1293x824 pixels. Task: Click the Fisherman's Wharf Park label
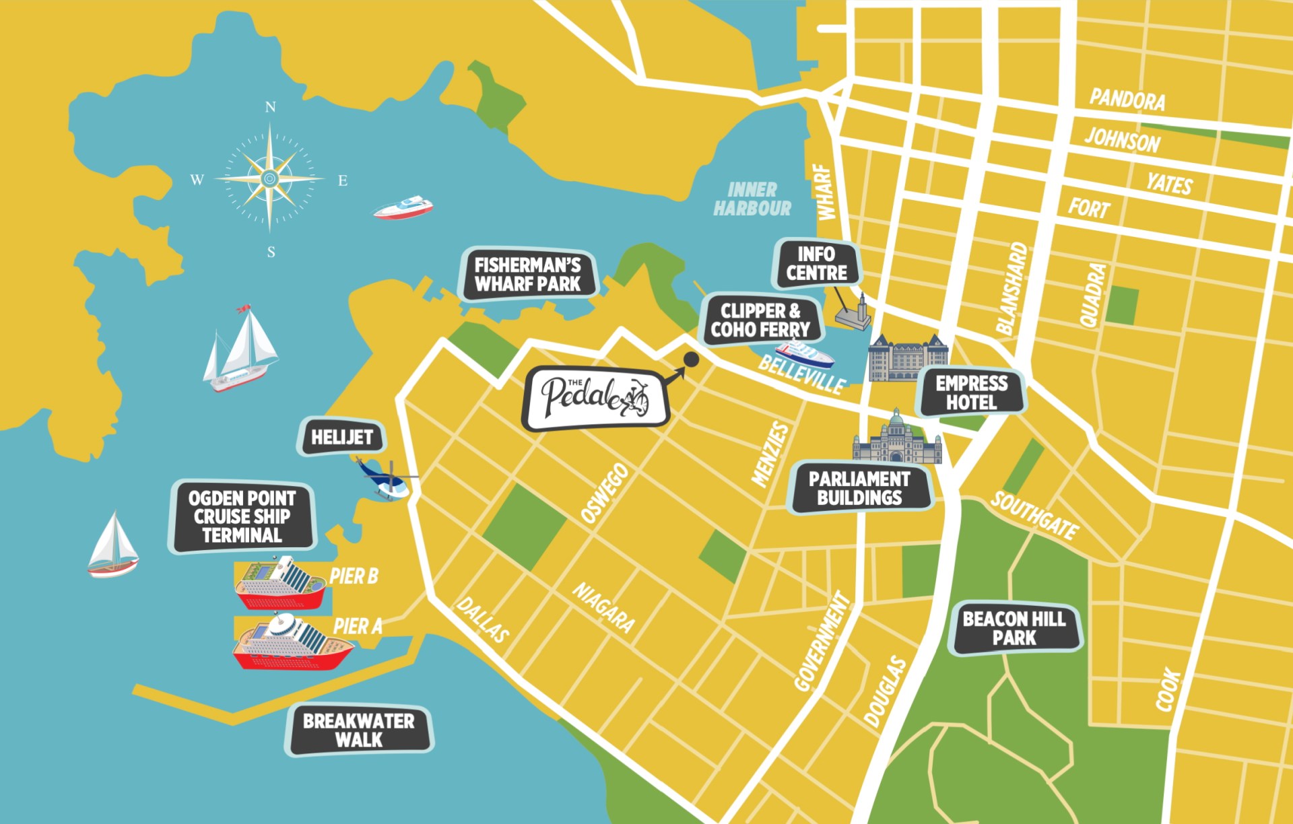(528, 274)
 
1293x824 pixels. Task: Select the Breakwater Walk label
(359, 730)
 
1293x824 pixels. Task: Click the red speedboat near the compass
(403, 208)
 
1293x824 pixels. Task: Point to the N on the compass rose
(270, 107)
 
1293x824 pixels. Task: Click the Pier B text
(354, 576)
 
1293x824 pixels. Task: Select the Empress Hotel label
(971, 392)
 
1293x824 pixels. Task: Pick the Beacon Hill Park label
(1014, 627)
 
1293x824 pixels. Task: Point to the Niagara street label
(603, 608)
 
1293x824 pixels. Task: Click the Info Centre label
(816, 263)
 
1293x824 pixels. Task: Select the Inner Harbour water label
(752, 199)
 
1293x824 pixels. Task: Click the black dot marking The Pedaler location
(691, 360)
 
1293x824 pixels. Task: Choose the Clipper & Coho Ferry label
(760, 320)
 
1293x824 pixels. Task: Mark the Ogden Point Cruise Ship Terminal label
(242, 516)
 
